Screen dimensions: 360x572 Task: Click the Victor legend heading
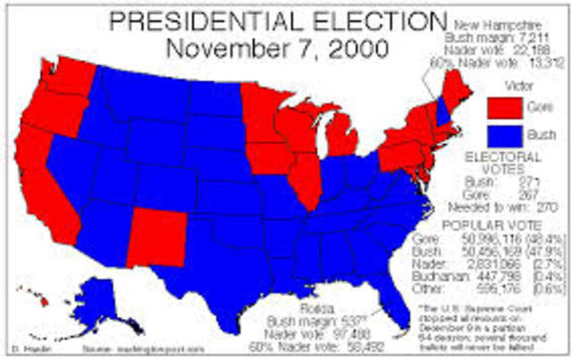(512, 88)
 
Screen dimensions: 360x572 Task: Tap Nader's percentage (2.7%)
(544, 264)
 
